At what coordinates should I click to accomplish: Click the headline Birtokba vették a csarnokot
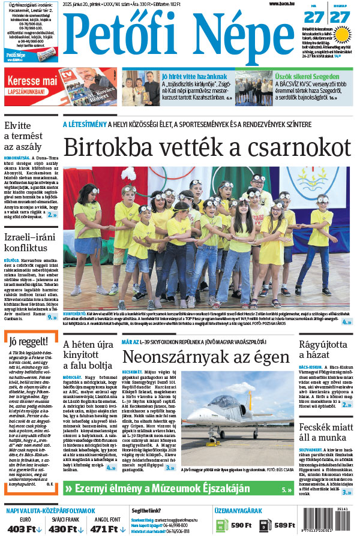[x=207, y=147]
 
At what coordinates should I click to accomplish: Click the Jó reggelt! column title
[x=24, y=342]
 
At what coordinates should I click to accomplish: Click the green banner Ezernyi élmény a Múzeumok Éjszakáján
[x=158, y=489]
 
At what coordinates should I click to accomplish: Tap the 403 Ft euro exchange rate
[x=25, y=528]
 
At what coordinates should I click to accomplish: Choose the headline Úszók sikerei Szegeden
[x=304, y=76]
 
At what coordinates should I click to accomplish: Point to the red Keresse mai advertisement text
[x=33, y=80]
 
